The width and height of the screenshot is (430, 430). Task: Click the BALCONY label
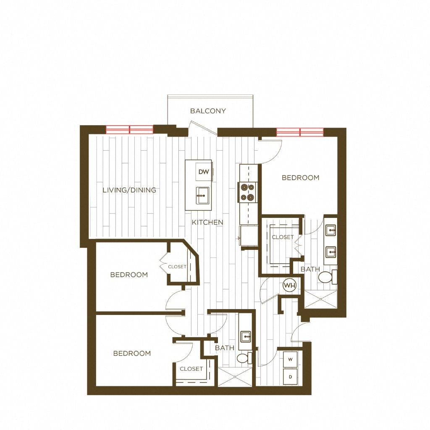[x=208, y=111]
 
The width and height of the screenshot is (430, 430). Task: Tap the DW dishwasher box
[x=204, y=172]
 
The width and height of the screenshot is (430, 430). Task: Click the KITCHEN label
[x=207, y=223]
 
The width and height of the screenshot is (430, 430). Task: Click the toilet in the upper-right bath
[x=326, y=277]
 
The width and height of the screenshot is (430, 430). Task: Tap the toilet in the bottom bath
[x=244, y=358]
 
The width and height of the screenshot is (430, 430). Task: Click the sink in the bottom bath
[x=246, y=336]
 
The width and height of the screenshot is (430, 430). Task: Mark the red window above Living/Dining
[x=129, y=129]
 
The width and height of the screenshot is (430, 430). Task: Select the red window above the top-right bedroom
[x=300, y=132]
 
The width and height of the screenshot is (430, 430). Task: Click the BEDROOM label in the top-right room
[x=300, y=178]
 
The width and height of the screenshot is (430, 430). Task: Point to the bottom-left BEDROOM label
[x=132, y=354]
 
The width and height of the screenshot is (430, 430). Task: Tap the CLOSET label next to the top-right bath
[x=283, y=237]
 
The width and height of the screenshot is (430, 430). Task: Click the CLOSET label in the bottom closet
[x=191, y=369]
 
